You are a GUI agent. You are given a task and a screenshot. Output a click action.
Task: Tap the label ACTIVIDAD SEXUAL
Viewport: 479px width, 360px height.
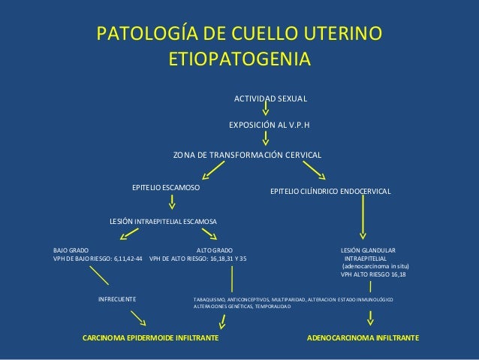[271, 98]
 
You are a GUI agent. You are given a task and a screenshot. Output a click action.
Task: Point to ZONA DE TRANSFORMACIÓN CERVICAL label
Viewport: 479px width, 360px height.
[247, 156]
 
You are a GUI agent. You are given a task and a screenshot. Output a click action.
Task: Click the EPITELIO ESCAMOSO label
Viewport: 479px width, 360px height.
[166, 186]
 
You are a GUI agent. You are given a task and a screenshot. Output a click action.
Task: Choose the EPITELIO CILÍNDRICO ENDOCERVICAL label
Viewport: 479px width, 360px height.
[330, 192]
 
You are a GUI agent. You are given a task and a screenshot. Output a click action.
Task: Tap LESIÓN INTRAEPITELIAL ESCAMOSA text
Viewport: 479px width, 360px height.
[163, 222]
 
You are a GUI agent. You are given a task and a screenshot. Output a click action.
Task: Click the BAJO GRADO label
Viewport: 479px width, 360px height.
[70, 249]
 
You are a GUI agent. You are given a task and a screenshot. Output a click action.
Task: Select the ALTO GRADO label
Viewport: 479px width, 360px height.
[214, 249]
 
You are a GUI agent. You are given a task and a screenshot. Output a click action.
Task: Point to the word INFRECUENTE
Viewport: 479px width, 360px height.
[117, 299]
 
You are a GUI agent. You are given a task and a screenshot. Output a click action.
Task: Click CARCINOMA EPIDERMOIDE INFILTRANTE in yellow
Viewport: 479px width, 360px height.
[150, 339]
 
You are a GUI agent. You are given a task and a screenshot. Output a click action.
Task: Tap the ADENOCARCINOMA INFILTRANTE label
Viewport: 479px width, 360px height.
[364, 339]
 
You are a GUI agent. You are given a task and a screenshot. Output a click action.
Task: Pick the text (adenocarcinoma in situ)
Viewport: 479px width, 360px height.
[375, 266]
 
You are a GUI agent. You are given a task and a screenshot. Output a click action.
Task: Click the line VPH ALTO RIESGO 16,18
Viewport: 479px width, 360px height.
[373, 274]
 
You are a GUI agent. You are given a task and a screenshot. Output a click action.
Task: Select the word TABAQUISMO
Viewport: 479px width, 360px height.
[208, 299]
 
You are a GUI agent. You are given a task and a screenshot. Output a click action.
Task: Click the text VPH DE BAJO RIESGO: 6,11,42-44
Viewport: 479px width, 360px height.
[98, 258]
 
